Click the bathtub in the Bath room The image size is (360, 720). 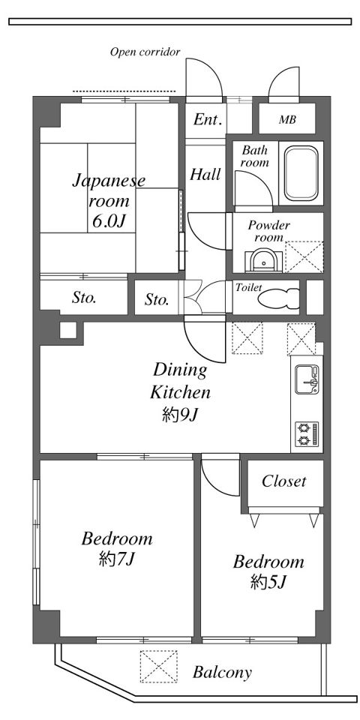click(301, 173)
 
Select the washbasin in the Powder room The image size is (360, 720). click(263, 260)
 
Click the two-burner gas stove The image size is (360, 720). click(306, 434)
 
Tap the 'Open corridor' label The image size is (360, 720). click(145, 52)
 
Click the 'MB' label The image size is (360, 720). click(287, 120)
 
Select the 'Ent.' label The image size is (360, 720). click(208, 120)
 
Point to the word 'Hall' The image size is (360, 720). click(205, 175)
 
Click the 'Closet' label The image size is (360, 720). click(283, 481)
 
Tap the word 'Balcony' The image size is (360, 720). click(222, 673)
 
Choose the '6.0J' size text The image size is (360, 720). click(109, 222)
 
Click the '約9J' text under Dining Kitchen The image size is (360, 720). click(180, 415)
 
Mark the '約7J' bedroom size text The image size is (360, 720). click(116, 559)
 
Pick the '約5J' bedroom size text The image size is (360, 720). click(269, 582)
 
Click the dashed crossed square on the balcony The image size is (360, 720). click(158, 666)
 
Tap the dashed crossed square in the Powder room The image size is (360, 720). click(304, 256)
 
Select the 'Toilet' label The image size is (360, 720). click(248, 288)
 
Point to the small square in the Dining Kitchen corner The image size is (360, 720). click(68, 331)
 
